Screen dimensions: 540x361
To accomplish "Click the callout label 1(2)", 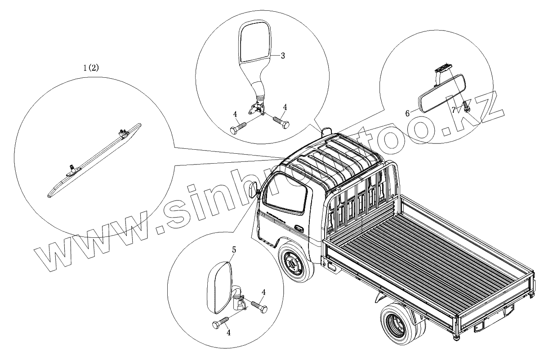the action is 91,68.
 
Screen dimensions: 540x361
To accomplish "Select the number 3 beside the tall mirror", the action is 283,56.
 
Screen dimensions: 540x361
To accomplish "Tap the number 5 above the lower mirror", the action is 234,248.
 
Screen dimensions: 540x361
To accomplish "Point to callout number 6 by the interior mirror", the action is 407,114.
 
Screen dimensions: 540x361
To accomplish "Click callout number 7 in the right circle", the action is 454,109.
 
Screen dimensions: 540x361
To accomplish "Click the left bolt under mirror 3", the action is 238,127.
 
